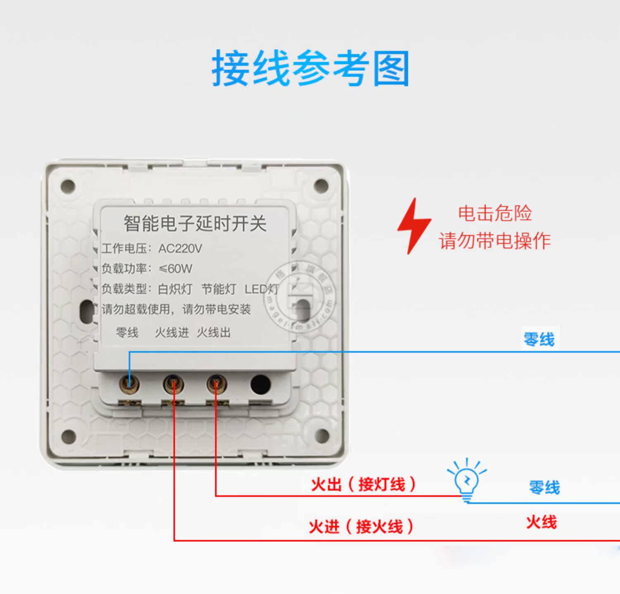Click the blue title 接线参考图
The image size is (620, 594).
[310, 69]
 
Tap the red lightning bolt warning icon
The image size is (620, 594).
[414, 226]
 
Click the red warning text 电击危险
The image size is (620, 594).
[495, 213]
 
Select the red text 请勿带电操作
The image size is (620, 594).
[495, 241]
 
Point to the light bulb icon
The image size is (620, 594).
[467, 480]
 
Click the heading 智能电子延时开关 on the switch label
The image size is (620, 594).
[195, 223]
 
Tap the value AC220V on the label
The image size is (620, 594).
[180, 248]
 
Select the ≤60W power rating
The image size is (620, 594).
[176, 269]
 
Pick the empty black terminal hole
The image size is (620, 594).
[260, 384]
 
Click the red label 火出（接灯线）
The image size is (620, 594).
[363, 484]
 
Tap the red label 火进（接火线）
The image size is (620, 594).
[361, 527]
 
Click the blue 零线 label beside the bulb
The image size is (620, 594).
[544, 488]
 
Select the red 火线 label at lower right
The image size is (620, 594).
[541, 522]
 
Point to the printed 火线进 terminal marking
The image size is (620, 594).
[172, 332]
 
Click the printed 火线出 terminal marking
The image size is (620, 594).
[213, 332]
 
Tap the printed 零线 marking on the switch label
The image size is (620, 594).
[127, 332]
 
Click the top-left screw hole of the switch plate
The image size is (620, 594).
[68, 186]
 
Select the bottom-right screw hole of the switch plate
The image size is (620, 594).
[322, 435]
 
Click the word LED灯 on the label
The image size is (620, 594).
[261, 289]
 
